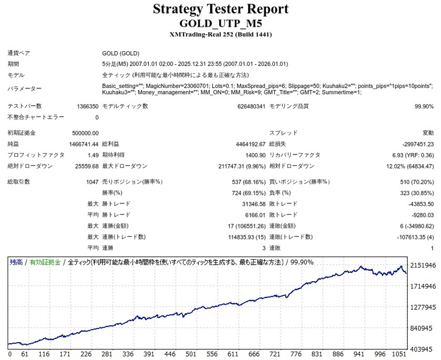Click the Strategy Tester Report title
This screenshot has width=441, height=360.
220,9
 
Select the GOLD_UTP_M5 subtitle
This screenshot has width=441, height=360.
220,23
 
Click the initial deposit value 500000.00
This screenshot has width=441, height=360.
85,133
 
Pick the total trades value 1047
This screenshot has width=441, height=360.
92,182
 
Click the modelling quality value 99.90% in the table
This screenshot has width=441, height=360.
424,107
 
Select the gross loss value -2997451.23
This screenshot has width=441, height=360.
418,144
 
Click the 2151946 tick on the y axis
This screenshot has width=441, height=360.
423,266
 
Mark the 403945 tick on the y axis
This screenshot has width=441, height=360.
423,349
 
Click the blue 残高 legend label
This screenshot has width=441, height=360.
16,262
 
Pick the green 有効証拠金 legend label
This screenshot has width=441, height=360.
45,262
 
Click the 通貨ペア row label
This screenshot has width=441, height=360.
19,54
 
